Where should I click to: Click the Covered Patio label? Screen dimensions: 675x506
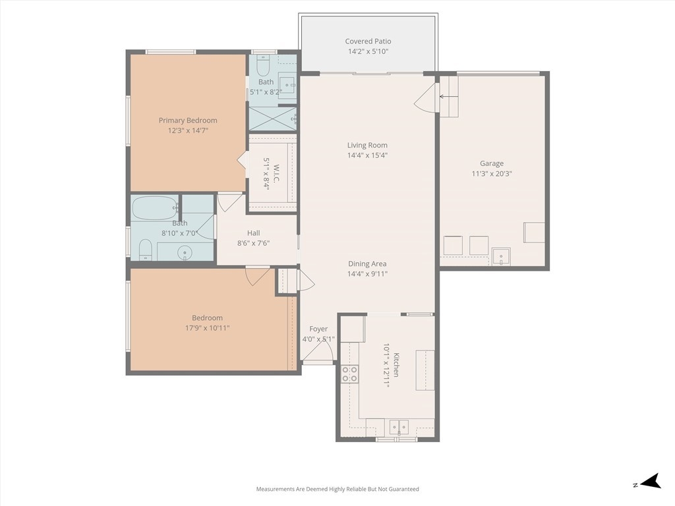coord(368,42)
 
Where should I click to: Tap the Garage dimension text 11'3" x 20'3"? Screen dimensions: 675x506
coord(492,174)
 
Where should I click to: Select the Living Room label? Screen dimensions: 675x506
coord(367,145)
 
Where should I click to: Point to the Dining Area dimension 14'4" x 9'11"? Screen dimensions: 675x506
coord(367,273)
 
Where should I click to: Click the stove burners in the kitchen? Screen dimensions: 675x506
coord(349,374)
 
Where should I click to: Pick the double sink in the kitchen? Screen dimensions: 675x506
coord(399,427)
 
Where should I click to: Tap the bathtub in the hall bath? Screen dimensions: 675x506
coord(154,208)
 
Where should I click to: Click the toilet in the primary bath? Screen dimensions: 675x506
coord(262,65)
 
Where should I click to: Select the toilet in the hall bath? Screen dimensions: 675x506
coord(146,250)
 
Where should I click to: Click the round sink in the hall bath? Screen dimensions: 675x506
coord(185,252)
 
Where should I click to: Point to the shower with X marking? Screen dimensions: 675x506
coord(273,119)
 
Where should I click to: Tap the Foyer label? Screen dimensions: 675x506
coord(318,329)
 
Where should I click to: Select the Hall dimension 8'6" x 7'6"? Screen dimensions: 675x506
coord(254,243)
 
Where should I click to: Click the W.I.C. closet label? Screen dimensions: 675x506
coord(276,173)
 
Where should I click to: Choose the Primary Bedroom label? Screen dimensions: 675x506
coord(188,121)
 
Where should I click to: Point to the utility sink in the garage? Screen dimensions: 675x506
coord(501,256)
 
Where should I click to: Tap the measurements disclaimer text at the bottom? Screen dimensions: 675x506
coord(337,490)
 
